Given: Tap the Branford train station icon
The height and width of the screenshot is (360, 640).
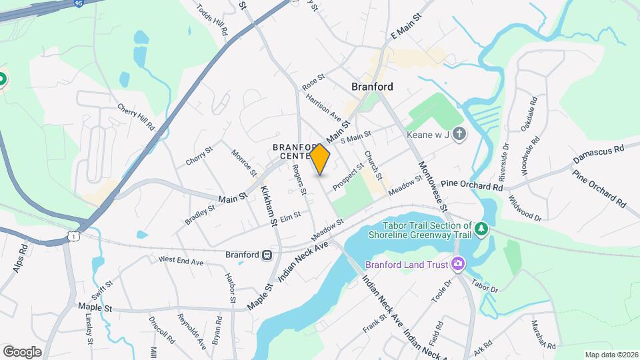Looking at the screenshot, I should coord(267,255).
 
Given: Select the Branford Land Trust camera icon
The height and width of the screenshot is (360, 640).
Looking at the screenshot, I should coord(457,263).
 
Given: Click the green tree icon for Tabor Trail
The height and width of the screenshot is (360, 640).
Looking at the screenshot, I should coord(481,229).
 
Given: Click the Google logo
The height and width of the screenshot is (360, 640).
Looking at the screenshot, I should coord(22,351).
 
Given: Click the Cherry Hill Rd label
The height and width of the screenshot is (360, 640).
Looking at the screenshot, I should coord(135,117).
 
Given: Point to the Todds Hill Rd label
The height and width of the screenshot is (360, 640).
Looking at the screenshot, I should coord(213,19).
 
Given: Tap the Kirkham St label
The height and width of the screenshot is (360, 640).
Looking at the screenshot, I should coord(269,206).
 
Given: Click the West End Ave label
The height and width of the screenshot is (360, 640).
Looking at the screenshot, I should coord(180,261).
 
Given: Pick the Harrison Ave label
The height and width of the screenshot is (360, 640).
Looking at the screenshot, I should coord(323,107).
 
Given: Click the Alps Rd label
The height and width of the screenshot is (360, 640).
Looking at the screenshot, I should coord(20,259).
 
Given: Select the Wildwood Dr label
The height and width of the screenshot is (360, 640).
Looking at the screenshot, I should coord(524,206).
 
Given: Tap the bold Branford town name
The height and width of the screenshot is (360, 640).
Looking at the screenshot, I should coord(372,87).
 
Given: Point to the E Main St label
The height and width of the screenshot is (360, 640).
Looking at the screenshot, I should coord(407,25).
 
